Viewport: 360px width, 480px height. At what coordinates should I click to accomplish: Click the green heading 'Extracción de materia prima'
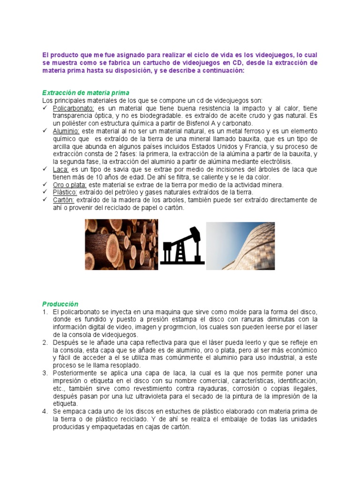pos(86,93)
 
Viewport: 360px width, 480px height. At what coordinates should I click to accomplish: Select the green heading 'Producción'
pos(60,304)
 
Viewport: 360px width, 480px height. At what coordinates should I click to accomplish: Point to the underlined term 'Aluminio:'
pos(66,131)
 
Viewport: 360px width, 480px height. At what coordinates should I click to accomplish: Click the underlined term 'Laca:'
pos(61,169)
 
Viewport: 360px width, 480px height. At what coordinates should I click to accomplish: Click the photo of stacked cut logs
pos(121,244)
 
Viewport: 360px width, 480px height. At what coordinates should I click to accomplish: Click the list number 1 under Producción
pos(45,312)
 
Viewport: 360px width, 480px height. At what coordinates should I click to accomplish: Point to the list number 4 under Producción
pos(45,411)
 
